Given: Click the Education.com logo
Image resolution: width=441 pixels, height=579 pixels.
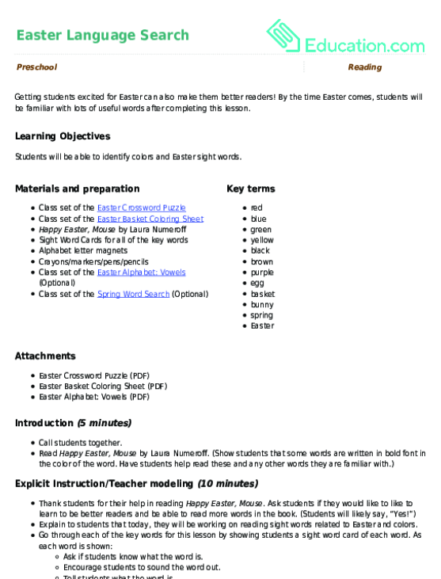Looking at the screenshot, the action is click(x=345, y=36).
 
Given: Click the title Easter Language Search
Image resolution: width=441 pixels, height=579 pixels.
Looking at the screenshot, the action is click(x=102, y=35).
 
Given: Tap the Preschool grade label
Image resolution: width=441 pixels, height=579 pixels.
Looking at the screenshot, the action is click(x=36, y=67).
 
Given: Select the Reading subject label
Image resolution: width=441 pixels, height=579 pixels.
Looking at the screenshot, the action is click(x=365, y=67).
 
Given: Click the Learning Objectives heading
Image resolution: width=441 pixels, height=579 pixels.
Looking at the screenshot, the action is click(x=63, y=136).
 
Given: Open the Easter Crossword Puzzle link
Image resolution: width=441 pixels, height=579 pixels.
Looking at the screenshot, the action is click(x=141, y=208).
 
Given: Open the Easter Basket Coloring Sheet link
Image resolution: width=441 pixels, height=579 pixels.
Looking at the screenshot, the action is click(x=150, y=219).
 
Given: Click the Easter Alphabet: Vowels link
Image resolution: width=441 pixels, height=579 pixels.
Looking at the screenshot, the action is click(x=141, y=272).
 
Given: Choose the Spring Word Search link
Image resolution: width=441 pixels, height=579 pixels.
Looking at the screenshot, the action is click(x=133, y=294).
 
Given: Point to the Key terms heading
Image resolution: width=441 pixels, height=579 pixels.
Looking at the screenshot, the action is click(x=250, y=189).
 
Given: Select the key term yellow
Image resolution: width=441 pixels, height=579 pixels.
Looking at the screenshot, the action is click(x=261, y=240).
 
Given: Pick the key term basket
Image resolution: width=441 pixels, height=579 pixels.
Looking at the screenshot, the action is click(x=262, y=294).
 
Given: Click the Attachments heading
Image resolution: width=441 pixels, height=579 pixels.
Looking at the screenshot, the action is click(x=45, y=356).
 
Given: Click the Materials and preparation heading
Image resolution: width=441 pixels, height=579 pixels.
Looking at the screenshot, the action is click(x=77, y=189).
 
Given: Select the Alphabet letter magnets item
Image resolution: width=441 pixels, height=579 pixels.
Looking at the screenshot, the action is click(x=84, y=250).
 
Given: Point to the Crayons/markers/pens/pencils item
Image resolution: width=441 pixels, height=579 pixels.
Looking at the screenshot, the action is click(x=93, y=261).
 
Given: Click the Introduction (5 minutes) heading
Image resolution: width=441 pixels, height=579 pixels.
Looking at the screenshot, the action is click(x=73, y=423).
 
